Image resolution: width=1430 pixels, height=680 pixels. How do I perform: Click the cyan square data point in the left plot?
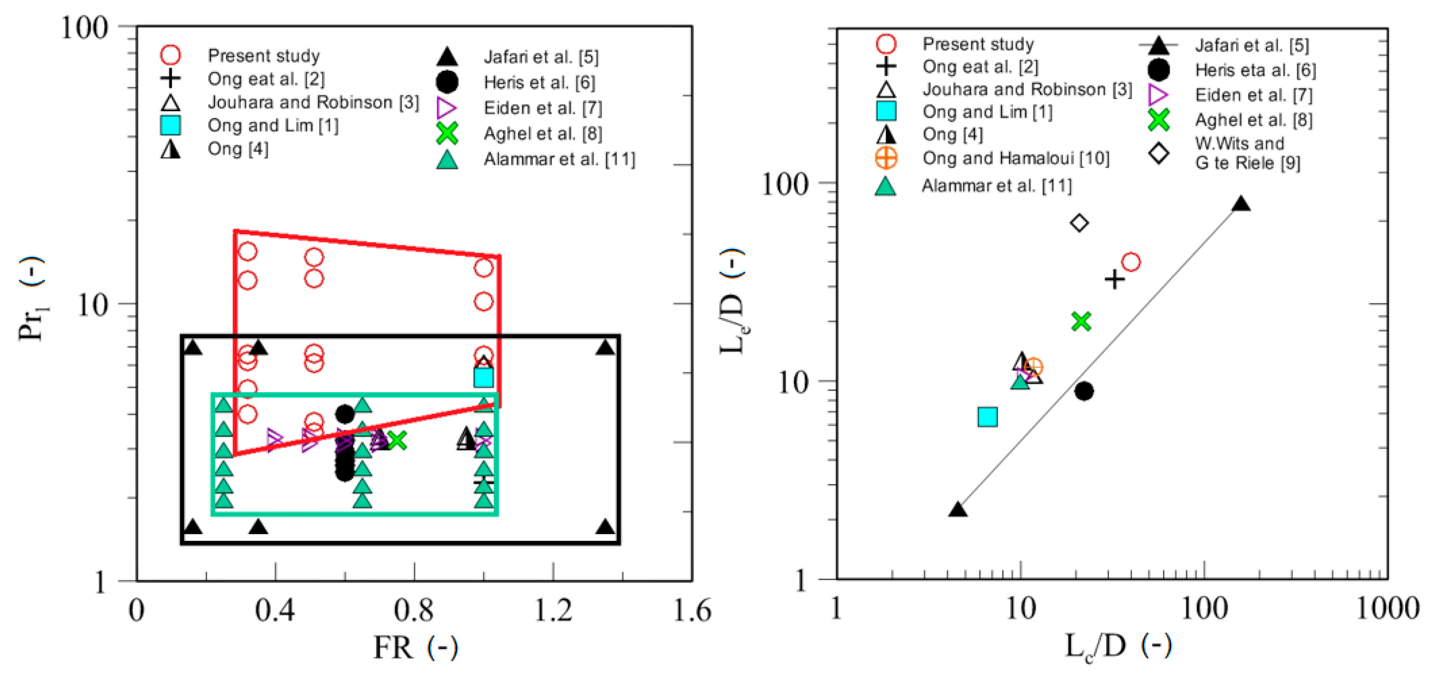(484, 378)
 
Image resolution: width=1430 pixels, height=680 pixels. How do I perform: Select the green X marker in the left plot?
(396, 440)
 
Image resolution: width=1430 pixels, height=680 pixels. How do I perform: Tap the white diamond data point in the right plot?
(1079, 223)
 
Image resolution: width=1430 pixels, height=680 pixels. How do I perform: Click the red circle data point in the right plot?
(1131, 262)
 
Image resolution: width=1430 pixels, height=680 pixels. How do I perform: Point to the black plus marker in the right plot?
(1114, 279)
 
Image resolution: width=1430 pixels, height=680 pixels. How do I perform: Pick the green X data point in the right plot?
(1081, 321)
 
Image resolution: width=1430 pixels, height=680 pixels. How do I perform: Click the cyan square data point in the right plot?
(988, 416)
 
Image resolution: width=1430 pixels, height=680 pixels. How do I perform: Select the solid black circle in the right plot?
(1083, 391)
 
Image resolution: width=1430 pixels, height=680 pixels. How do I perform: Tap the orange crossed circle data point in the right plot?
(1033, 367)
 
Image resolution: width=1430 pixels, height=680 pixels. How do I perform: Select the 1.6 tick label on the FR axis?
(692, 610)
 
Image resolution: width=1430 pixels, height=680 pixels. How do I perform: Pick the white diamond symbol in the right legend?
(1159, 153)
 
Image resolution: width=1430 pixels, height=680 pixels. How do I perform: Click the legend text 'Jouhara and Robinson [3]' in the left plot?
(313, 103)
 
